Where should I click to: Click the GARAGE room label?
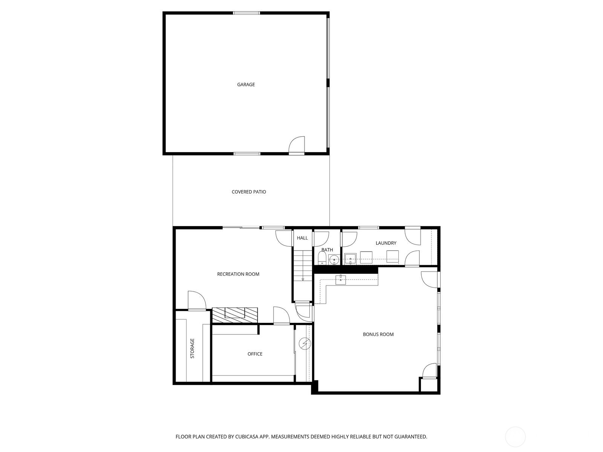click(x=246, y=85)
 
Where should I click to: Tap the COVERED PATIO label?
click(x=249, y=192)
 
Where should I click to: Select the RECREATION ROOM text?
click(x=238, y=274)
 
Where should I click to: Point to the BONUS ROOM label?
click(x=378, y=334)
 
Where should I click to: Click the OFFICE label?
click(x=255, y=354)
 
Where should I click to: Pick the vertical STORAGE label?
click(x=192, y=348)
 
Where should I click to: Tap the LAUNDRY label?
click(x=386, y=243)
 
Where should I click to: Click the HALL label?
click(x=302, y=238)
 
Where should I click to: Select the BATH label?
click(x=327, y=250)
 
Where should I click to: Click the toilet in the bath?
click(x=322, y=258)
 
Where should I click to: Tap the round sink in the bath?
click(x=334, y=260)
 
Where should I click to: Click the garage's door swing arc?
click(x=297, y=145)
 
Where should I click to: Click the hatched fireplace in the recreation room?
click(x=235, y=315)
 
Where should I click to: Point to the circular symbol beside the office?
click(x=304, y=343)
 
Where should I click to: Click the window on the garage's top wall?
click(x=246, y=13)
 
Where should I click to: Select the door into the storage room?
click(x=196, y=301)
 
